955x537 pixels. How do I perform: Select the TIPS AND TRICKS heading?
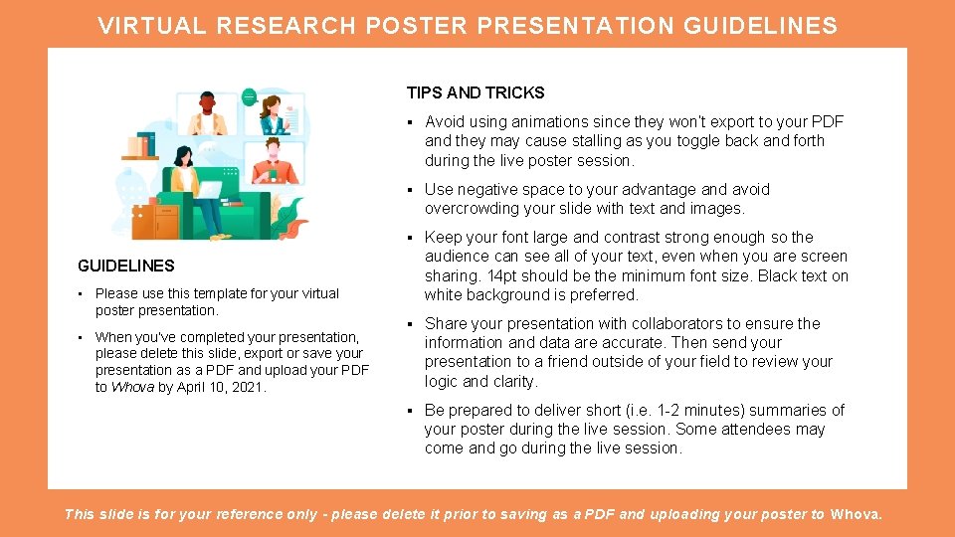[x=475, y=92]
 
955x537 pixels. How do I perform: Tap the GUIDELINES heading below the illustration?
[x=126, y=266]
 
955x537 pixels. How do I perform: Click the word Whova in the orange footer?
[x=855, y=514]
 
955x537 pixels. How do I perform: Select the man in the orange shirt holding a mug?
[x=274, y=163]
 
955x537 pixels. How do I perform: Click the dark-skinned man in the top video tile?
[x=208, y=113]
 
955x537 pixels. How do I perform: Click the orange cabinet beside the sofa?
[x=154, y=221]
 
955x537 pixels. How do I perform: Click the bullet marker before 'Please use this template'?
[x=81, y=293]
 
